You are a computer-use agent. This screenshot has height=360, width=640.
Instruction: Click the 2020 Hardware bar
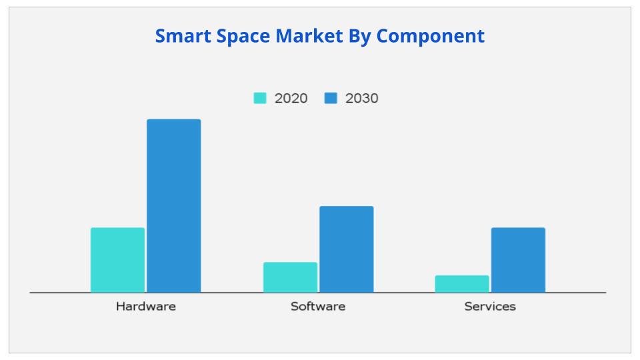[117, 260]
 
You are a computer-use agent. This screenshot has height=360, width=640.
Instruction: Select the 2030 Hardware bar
[173, 205]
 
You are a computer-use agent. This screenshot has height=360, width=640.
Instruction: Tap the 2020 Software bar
[290, 277]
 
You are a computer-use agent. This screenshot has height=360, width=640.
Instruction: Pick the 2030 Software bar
[346, 249]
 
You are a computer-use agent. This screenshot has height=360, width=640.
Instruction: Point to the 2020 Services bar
[462, 284]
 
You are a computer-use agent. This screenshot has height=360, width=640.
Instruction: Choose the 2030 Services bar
[518, 260]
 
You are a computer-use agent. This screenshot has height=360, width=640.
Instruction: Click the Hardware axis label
[145, 307]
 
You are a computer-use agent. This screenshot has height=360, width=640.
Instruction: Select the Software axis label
[318, 307]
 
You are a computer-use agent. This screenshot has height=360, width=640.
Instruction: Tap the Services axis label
[490, 307]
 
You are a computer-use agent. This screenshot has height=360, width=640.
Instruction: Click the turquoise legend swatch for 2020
[260, 98]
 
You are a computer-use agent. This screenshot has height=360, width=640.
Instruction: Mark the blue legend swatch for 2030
[331, 98]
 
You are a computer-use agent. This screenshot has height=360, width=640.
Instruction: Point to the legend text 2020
[291, 98]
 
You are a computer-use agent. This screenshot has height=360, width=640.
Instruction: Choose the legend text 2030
[361, 98]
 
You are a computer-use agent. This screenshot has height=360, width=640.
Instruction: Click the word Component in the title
[430, 36]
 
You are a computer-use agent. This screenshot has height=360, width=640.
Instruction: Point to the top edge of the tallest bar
[173, 120]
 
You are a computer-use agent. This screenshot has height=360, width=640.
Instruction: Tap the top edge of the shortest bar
[462, 276]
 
